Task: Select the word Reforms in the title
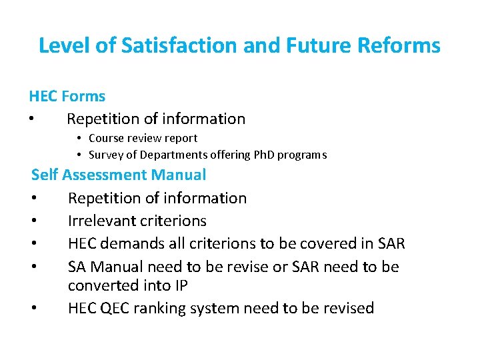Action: [399, 45]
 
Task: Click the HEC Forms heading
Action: [67, 97]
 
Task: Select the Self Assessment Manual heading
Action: [119, 175]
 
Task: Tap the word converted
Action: [99, 285]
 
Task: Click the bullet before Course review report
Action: [79, 139]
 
